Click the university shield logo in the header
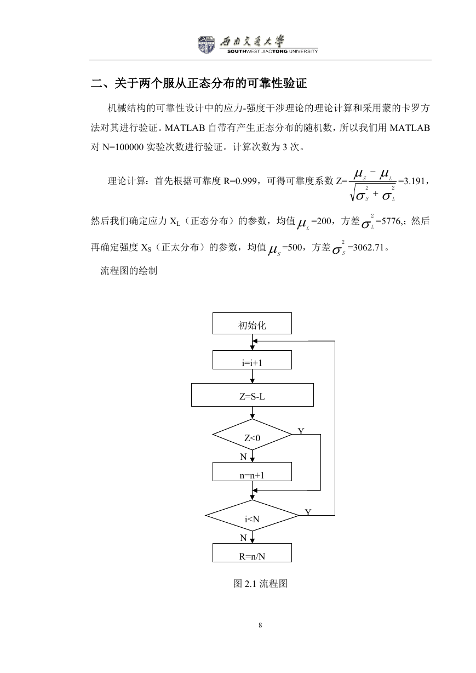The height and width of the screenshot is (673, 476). pos(206,45)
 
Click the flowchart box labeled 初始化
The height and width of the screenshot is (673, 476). pos(252,323)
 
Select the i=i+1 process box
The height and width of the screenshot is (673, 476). pos(252,360)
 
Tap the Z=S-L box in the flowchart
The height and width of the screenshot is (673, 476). pos(253,395)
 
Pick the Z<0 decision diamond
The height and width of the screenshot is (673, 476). pos(252,435)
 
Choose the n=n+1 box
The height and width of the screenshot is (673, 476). pos(252,471)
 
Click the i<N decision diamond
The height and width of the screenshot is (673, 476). pos(252,515)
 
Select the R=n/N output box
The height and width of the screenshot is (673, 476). pos(252,552)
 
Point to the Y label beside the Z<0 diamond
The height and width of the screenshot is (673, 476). pos(301,431)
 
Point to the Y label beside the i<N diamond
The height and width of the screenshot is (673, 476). pos(308,512)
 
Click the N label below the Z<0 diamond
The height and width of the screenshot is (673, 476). pos(243,457)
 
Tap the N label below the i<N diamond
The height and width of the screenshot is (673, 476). pos(243,538)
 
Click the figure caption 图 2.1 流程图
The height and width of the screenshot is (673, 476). pos(260,584)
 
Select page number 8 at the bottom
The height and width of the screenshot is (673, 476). pos(260,625)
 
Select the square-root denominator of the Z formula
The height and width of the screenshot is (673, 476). pos(372,194)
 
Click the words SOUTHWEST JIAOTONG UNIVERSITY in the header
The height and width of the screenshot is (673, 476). pos(272,52)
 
